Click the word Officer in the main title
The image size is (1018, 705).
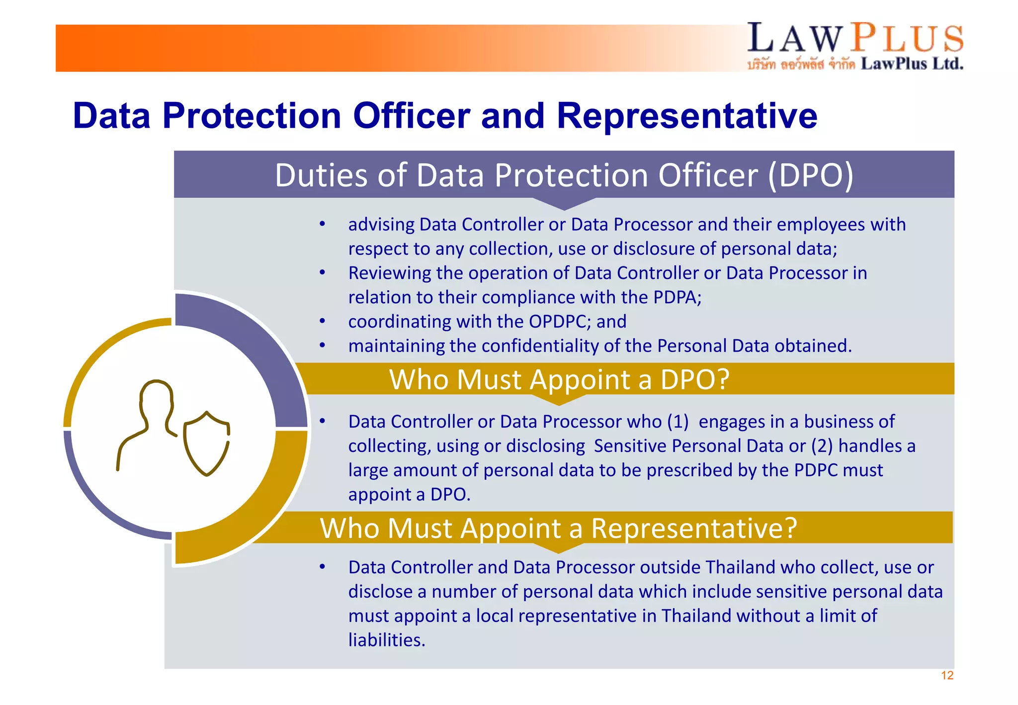(x=411, y=116)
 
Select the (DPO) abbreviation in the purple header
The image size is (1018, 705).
(x=810, y=176)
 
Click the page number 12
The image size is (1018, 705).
(x=947, y=675)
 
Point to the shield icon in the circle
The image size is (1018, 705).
(x=207, y=442)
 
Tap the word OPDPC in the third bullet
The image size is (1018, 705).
(x=559, y=322)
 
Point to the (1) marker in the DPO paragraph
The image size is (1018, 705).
(x=678, y=422)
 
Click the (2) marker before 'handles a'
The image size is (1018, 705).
(x=822, y=446)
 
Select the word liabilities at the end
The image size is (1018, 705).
(x=386, y=640)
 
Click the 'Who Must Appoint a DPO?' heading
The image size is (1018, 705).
(x=559, y=379)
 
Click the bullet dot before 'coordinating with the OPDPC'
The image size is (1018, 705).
(x=323, y=322)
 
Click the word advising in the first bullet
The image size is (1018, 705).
(x=381, y=225)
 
